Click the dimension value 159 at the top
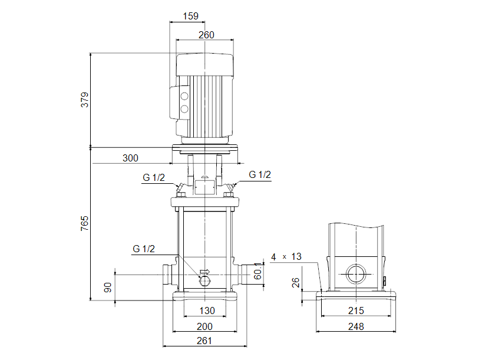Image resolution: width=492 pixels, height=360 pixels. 190,16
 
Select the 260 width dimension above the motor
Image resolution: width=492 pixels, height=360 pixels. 206,35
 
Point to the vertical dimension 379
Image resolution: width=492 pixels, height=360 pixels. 85,99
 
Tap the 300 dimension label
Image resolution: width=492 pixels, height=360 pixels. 131,158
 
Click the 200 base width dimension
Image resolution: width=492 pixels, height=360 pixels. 204,326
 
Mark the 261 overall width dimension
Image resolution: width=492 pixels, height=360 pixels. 204,340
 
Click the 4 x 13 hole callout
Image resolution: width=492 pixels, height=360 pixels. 286,257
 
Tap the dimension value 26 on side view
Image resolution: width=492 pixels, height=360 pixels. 298,283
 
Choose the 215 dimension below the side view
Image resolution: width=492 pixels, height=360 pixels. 355,311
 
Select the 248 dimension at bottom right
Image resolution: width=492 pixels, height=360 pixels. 355,326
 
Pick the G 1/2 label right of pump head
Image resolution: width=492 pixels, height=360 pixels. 260,174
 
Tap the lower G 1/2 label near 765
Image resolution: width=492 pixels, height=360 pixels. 144,249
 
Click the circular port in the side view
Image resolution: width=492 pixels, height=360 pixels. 355,275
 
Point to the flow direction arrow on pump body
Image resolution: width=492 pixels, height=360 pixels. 204,272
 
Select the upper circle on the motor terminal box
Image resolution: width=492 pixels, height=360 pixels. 184,97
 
